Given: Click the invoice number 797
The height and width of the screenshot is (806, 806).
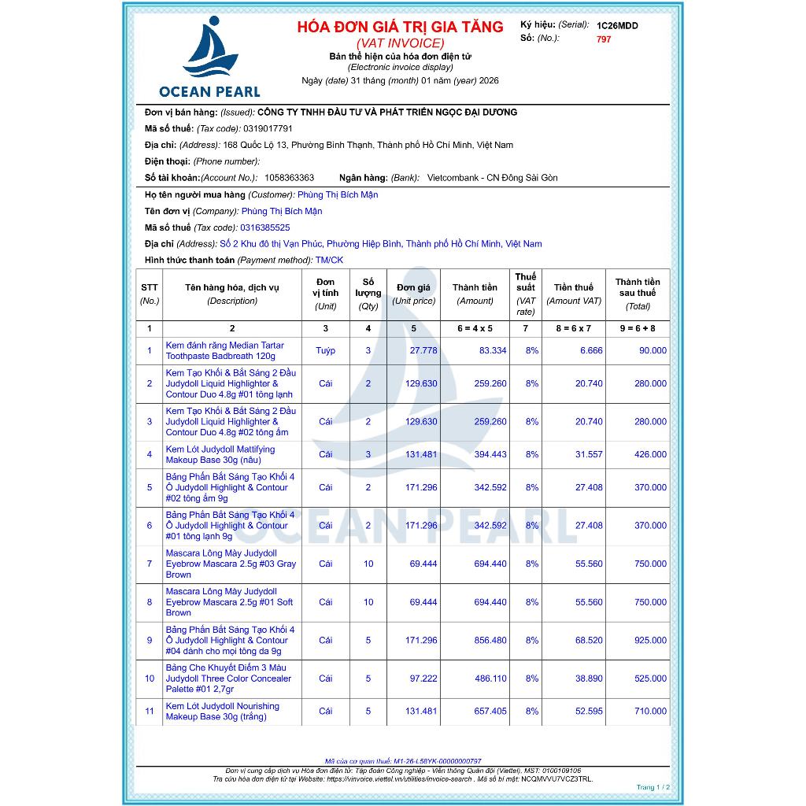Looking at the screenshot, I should click(604, 39).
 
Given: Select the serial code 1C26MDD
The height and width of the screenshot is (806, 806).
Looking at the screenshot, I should click(617, 26).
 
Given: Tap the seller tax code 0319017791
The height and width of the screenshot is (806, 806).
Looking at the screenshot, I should click(268, 128).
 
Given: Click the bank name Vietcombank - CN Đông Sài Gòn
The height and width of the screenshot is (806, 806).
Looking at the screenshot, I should click(492, 178).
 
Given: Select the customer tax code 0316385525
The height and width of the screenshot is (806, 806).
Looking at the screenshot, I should click(270, 227).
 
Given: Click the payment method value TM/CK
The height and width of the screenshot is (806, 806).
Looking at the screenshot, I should click(329, 261).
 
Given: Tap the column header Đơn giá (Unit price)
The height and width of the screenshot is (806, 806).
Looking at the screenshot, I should click(413, 294).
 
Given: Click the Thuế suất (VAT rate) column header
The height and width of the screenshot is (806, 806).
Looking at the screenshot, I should click(526, 294).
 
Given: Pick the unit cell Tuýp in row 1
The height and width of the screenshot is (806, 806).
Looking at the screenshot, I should click(325, 351).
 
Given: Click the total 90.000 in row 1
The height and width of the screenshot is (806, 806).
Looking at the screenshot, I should click(650, 351).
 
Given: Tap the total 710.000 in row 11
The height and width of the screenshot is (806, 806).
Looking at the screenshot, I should click(650, 712).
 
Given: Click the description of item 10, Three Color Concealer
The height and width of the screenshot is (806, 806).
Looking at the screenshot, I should click(228, 678).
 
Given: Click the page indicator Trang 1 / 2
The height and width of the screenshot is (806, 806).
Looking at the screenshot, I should click(653, 787).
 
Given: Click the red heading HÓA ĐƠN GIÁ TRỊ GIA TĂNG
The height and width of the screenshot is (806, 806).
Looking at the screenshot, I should click(400, 27).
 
